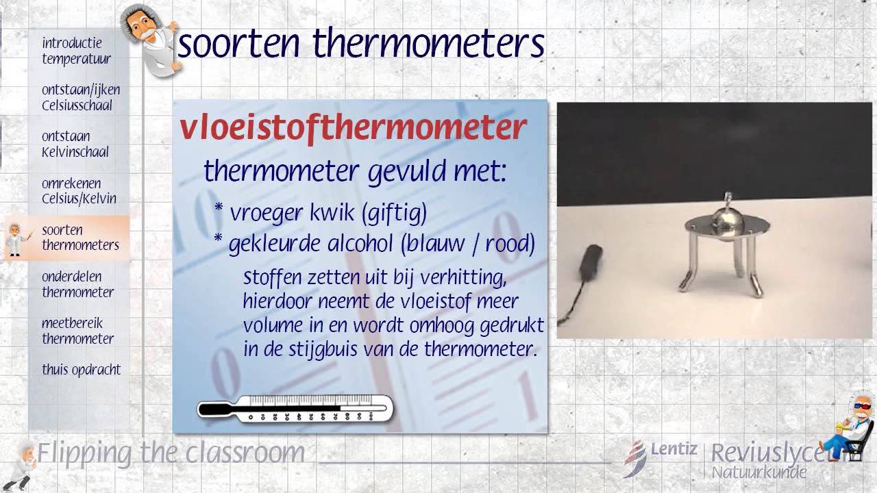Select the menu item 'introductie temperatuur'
coord(76,51)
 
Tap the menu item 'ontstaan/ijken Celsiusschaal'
coord(81,97)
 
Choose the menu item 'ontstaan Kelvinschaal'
coord(75,144)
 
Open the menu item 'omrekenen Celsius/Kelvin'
coord(79,191)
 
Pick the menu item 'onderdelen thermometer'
coord(77,284)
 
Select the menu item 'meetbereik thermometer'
coord(77,331)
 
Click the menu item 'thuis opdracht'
coord(81,370)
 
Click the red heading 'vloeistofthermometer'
coord(353,128)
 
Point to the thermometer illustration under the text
coord(295,409)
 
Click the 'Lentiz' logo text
coord(674,451)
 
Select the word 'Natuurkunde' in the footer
coord(758,472)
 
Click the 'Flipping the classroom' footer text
coord(171,453)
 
